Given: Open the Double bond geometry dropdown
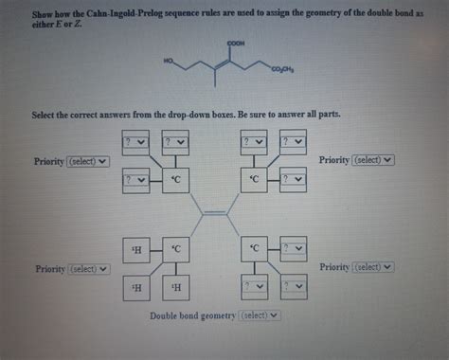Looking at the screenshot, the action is [262, 315].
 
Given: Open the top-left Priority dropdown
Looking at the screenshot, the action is [88, 161].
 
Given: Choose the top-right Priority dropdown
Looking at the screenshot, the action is [372, 161].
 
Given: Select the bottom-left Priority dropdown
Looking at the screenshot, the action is [88, 268].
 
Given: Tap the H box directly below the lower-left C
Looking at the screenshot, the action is [177, 287].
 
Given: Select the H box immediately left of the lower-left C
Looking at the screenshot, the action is [139, 250].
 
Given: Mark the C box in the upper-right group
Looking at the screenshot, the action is [254, 178].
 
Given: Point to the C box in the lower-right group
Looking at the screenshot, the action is [254, 250].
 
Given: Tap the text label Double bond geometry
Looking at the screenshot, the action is [194, 315].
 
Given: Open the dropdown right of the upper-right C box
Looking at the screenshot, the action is [293, 178].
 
